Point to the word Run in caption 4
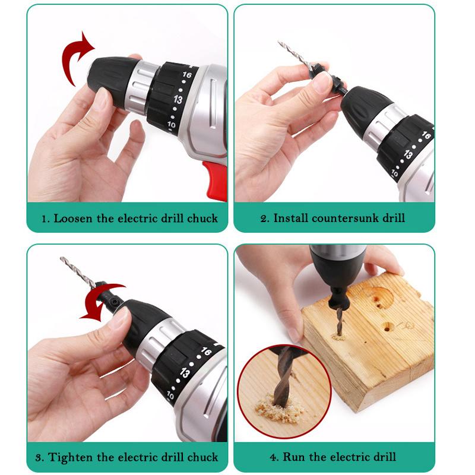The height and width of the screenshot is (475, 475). point(293,457)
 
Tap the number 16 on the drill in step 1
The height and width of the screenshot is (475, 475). point(187,75)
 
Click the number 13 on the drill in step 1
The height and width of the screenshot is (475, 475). point(178,99)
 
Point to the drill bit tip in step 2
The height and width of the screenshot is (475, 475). point(280,43)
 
